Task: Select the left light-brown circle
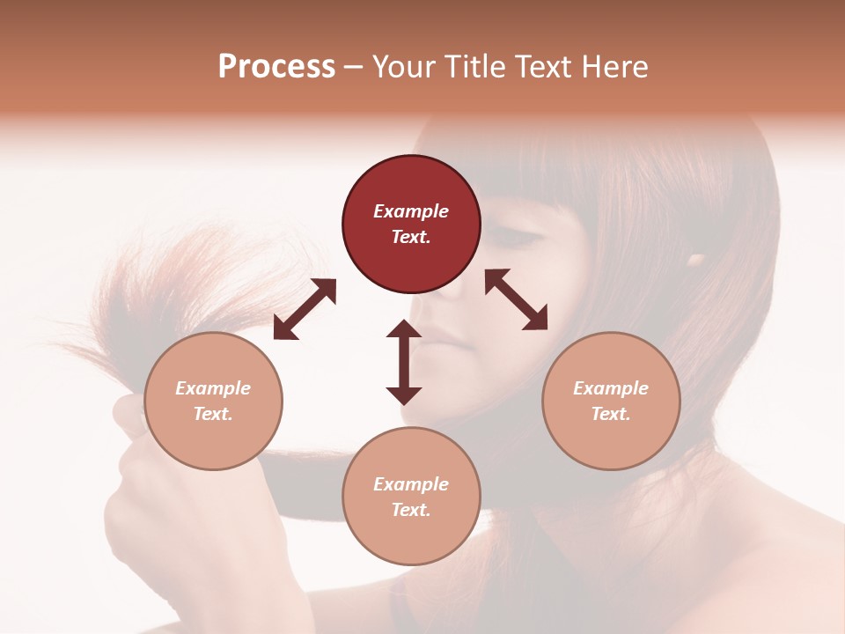(213, 401)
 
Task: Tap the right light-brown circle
(611, 401)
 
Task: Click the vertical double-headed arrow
(404, 362)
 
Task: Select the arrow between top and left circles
(305, 309)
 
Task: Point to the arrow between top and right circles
(517, 300)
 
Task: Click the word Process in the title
(276, 67)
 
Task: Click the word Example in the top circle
(411, 211)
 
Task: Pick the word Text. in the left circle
(213, 414)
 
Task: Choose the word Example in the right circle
(611, 388)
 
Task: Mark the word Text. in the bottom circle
(411, 510)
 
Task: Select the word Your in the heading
(403, 67)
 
